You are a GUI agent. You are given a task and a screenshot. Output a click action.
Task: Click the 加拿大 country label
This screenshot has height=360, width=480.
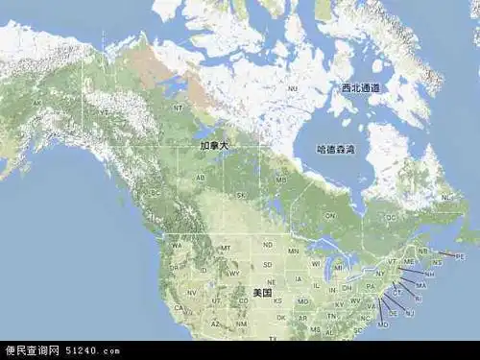pyautogui.click(x=214, y=146)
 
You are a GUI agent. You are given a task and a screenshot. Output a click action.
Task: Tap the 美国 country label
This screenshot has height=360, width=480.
pyautogui.click(x=262, y=292)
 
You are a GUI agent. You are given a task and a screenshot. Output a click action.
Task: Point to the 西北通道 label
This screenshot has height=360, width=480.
pyautogui.click(x=360, y=88)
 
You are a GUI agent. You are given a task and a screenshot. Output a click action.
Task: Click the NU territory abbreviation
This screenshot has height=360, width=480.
pyautogui.click(x=293, y=88)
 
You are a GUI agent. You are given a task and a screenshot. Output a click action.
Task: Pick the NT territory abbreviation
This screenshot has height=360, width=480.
pyautogui.click(x=178, y=108)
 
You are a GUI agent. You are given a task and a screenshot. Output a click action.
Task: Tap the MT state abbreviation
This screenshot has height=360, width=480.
pyautogui.click(x=227, y=249)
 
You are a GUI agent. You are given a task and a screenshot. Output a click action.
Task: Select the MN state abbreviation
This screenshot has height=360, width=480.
pyautogui.click(x=294, y=252)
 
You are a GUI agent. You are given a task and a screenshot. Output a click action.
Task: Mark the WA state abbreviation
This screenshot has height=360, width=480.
pyautogui.click(x=177, y=245)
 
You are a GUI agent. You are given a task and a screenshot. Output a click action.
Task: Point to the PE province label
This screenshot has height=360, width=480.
pyautogui.click(x=459, y=256)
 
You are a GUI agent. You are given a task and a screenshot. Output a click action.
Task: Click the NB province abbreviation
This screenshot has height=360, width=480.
pyautogui.click(x=423, y=251)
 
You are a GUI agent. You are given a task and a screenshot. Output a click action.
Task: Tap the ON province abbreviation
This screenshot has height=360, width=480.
pyautogui.click(x=329, y=216)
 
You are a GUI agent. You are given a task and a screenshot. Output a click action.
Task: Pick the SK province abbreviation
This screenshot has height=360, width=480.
pyautogui.click(x=241, y=195)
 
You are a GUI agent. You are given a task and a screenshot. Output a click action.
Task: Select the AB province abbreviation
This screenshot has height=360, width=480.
pyautogui.click(x=201, y=179)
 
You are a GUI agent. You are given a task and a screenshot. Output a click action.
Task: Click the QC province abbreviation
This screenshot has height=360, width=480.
pyautogui.click(x=391, y=217)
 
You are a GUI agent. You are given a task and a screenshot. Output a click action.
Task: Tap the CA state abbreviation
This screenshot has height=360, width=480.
pyautogui.click(x=177, y=308)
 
